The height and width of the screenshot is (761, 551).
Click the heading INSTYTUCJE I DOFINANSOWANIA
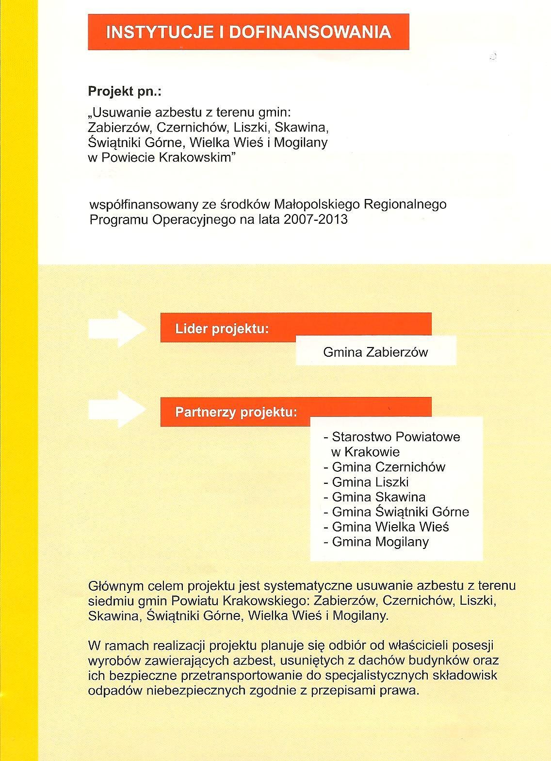pos(248,32)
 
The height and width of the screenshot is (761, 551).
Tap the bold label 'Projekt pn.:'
pos(124,91)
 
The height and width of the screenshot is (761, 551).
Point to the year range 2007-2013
pos(316,219)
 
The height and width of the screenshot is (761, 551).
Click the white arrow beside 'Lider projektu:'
pos(117,329)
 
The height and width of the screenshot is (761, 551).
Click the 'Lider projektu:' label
pos(222,329)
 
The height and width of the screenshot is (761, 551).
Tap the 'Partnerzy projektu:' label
pos(236,413)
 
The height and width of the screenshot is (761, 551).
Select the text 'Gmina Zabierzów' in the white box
pos(375,352)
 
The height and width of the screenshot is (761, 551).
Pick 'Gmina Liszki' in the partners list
pos(370,482)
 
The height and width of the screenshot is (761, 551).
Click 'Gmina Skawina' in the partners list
pos(378,497)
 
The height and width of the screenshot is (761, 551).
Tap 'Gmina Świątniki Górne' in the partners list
pos(400,512)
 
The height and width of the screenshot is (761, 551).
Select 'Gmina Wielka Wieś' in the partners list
pos(390,527)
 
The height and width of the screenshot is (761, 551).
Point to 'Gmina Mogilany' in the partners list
pos(380,542)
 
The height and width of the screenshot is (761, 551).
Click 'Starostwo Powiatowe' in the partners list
pos(396,437)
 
